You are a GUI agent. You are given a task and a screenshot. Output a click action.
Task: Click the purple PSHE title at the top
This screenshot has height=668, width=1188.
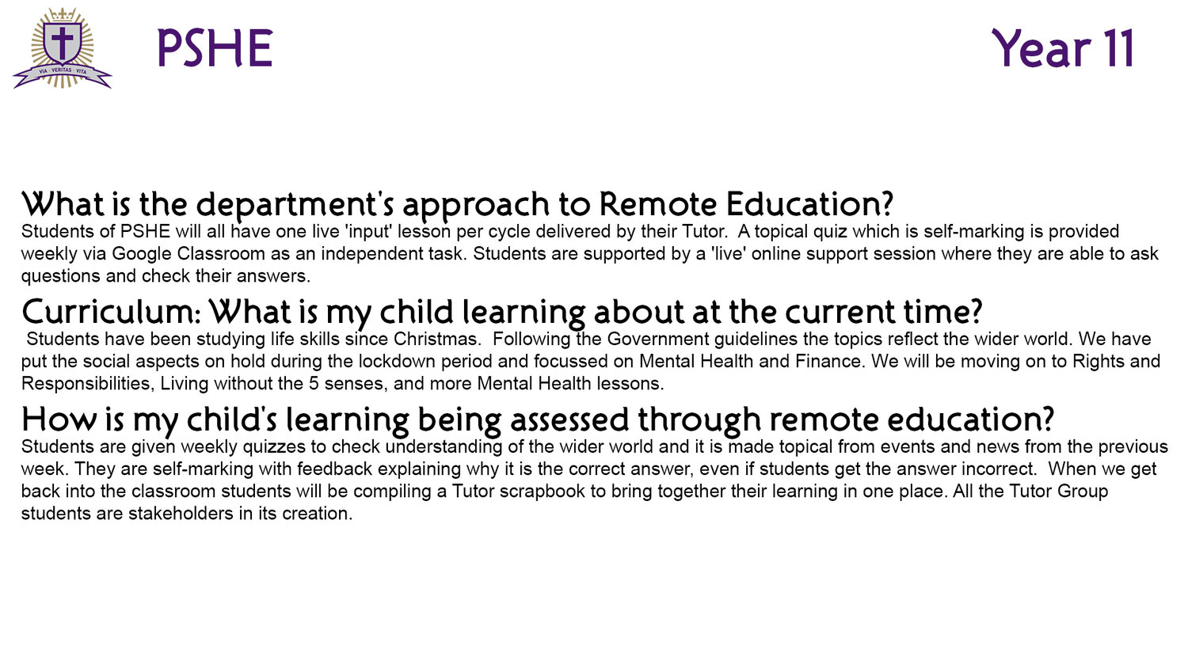215,48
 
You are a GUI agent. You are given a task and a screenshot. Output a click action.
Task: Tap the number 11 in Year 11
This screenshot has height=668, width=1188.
1116,48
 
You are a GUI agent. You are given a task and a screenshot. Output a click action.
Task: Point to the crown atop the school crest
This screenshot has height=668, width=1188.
63,14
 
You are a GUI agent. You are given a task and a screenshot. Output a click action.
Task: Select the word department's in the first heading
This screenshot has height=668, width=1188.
295,205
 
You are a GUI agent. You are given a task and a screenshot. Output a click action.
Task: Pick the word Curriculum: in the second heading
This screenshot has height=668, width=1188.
111,312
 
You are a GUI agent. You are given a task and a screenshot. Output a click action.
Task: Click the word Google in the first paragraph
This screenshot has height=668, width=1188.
142,254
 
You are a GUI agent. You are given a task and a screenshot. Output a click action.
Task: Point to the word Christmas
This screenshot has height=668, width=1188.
437,339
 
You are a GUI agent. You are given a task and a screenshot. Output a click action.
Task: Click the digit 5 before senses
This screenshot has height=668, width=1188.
314,383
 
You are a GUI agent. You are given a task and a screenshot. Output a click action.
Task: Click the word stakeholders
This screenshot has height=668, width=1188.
181,513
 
